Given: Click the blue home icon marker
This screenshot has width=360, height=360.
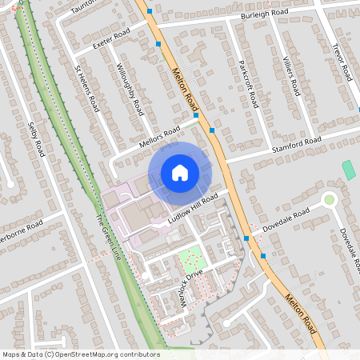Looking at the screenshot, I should point(180,172).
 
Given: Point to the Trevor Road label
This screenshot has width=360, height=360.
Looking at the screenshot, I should point(342,60).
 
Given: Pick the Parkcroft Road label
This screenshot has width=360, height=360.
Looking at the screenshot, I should point(250,86).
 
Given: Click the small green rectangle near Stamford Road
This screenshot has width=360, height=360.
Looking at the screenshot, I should point(348,170).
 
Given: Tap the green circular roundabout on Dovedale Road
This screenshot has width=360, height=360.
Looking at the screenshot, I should point(329,199).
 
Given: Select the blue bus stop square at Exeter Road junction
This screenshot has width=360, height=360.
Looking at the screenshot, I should point(158,44).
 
